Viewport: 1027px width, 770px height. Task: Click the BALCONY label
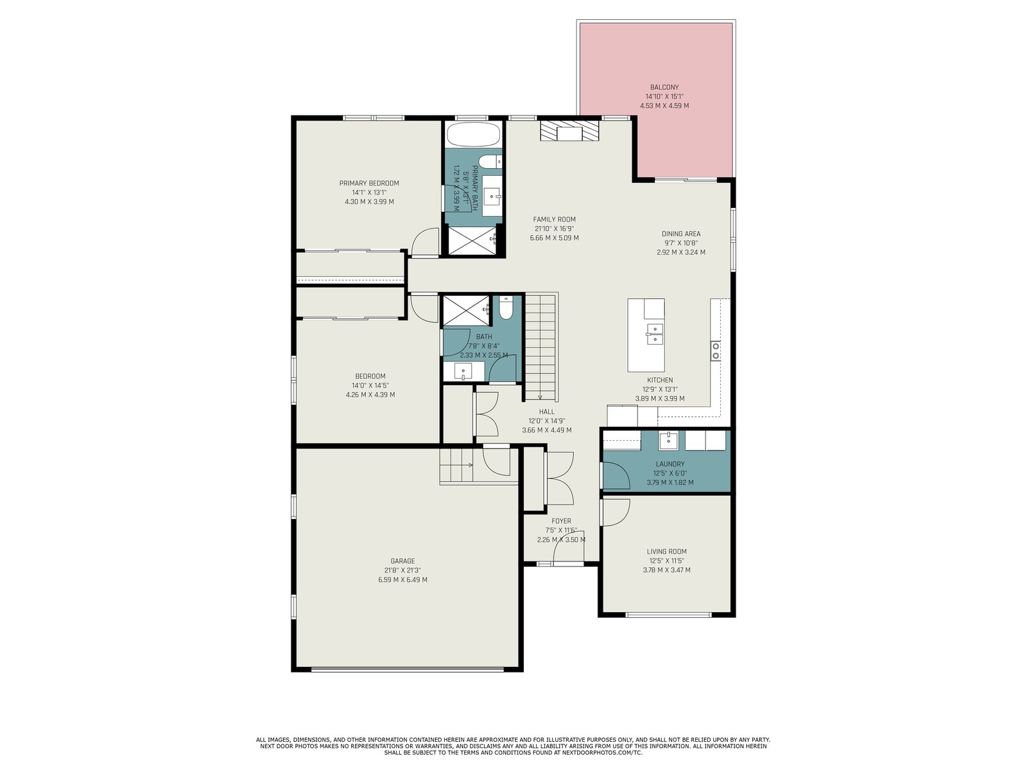tap(664, 87)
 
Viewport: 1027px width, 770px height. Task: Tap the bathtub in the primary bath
tap(473, 135)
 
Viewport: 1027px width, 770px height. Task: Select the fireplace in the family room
tap(569, 131)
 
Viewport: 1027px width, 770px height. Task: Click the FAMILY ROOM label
tap(555, 219)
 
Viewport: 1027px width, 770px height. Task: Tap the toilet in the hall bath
tap(506, 307)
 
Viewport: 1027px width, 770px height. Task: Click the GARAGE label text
tap(403, 561)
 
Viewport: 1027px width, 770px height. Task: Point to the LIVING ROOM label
tap(667, 552)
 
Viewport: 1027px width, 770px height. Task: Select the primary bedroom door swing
tap(425, 242)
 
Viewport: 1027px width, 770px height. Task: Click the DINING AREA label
tap(681, 234)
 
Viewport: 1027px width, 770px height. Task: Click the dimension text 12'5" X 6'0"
tap(670, 473)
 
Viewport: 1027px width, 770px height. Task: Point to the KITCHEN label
tap(660, 380)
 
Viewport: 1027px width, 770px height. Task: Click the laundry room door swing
tap(616, 476)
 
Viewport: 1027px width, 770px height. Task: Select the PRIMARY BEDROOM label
tap(369, 184)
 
